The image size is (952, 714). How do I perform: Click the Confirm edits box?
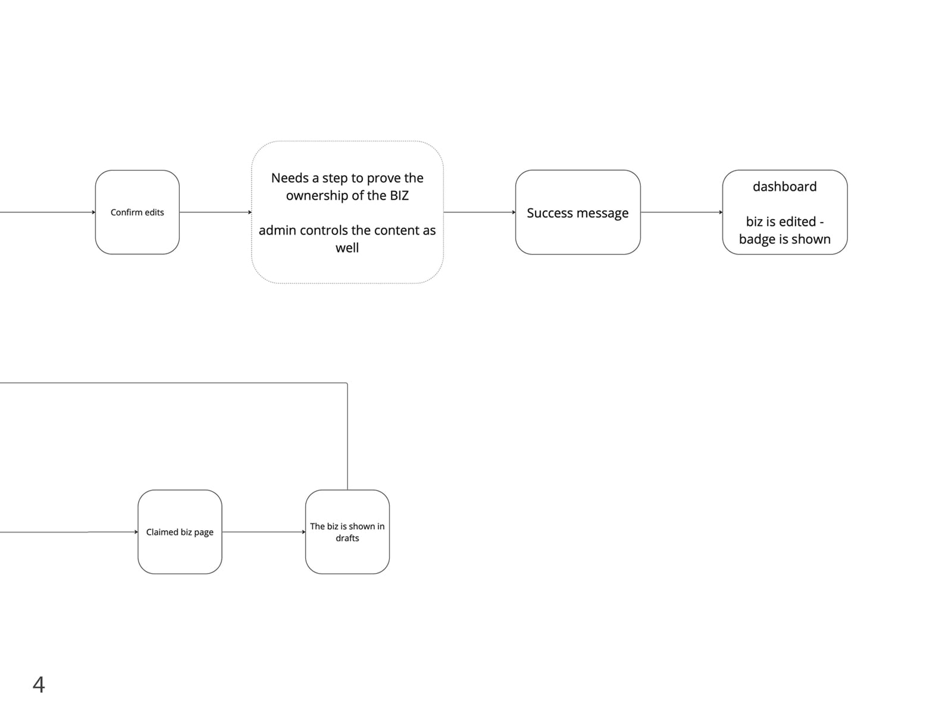tap(137, 212)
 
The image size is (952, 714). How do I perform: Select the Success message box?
tap(578, 212)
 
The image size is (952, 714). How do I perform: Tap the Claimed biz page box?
tap(180, 532)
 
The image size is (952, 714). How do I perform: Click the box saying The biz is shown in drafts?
tap(347, 532)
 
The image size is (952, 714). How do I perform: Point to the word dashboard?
tap(785, 186)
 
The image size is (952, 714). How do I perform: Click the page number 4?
tap(39, 684)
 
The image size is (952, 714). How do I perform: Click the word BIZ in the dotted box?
tap(399, 196)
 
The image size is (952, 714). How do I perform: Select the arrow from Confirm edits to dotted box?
tap(215, 212)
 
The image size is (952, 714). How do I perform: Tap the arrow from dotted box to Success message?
tap(479, 212)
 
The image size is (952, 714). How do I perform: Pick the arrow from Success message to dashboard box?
tap(681, 212)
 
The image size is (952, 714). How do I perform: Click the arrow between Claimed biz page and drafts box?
tap(264, 532)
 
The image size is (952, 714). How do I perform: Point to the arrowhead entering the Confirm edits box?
tap(93, 212)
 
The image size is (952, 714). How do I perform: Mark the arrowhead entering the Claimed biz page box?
tap(136, 532)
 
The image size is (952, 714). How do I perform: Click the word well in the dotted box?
tap(347, 248)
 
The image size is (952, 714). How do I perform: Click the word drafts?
tap(347, 538)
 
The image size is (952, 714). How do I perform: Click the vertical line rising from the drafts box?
tap(347, 436)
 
